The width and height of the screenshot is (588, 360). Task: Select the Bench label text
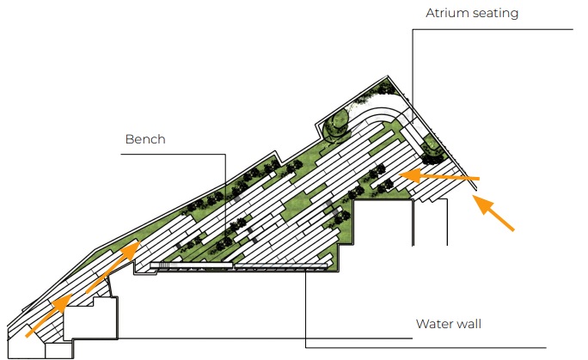pos(144,138)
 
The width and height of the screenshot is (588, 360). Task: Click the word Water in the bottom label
pos(433,324)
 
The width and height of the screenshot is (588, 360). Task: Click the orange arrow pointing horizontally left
pos(442,176)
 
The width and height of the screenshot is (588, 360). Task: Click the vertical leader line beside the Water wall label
pos(306,309)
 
